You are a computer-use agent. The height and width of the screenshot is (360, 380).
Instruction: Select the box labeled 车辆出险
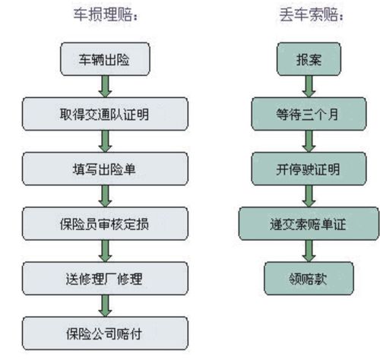(x=105, y=59)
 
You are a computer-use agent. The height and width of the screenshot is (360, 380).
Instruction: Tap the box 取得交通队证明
(x=105, y=114)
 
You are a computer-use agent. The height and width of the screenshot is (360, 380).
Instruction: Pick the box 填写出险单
(x=105, y=169)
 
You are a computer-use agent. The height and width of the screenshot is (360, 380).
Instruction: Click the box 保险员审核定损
(x=105, y=223)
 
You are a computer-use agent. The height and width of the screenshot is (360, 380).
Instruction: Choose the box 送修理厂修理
(x=105, y=279)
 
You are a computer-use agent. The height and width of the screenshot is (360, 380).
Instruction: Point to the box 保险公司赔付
(x=105, y=333)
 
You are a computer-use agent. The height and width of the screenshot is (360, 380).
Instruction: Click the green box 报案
(x=309, y=59)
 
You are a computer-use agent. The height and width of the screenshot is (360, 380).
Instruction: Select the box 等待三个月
(x=309, y=114)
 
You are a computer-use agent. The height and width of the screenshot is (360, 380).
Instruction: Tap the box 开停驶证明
(x=309, y=169)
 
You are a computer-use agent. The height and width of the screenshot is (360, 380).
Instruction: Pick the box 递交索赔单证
(x=309, y=223)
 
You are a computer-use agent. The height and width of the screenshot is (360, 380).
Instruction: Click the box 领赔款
(x=309, y=279)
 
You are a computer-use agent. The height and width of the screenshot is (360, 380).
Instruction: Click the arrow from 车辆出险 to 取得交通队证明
(x=105, y=87)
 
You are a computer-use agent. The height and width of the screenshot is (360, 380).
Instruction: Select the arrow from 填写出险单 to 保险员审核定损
(x=105, y=196)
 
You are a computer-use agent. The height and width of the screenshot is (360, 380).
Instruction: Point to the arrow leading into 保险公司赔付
(x=105, y=306)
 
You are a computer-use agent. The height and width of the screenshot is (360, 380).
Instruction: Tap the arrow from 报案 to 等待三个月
(x=309, y=87)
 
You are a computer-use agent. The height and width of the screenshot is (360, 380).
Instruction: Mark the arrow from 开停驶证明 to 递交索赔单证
(x=309, y=196)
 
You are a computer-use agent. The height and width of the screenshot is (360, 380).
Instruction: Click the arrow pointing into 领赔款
(x=309, y=251)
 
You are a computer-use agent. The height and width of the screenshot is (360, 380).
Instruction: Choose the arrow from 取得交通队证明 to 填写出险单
(x=105, y=141)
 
